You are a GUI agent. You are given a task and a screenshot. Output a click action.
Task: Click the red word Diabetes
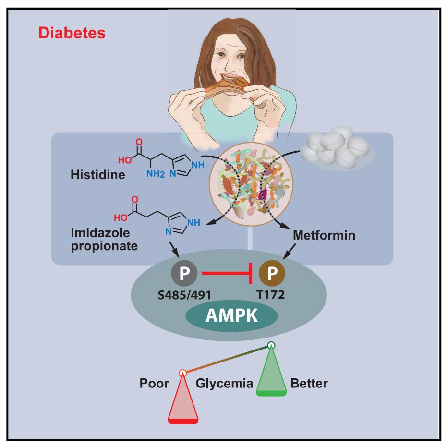point(72,33)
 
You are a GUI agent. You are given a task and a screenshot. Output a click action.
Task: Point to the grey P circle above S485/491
point(184,275)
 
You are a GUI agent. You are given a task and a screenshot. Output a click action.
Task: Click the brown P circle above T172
point(272,275)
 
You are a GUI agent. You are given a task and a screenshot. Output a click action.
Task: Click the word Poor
point(155,384)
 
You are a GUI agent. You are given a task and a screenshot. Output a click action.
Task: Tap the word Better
point(309,384)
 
